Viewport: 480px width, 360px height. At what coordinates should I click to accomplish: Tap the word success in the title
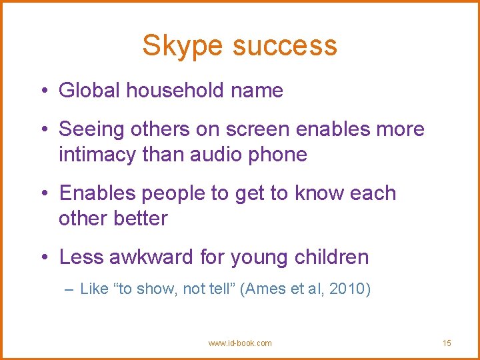coord(285,46)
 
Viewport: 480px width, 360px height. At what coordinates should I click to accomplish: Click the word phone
coord(280,155)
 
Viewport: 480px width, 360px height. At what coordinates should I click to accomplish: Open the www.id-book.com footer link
coord(240,343)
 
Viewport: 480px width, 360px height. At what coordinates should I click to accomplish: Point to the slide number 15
coord(447,343)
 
